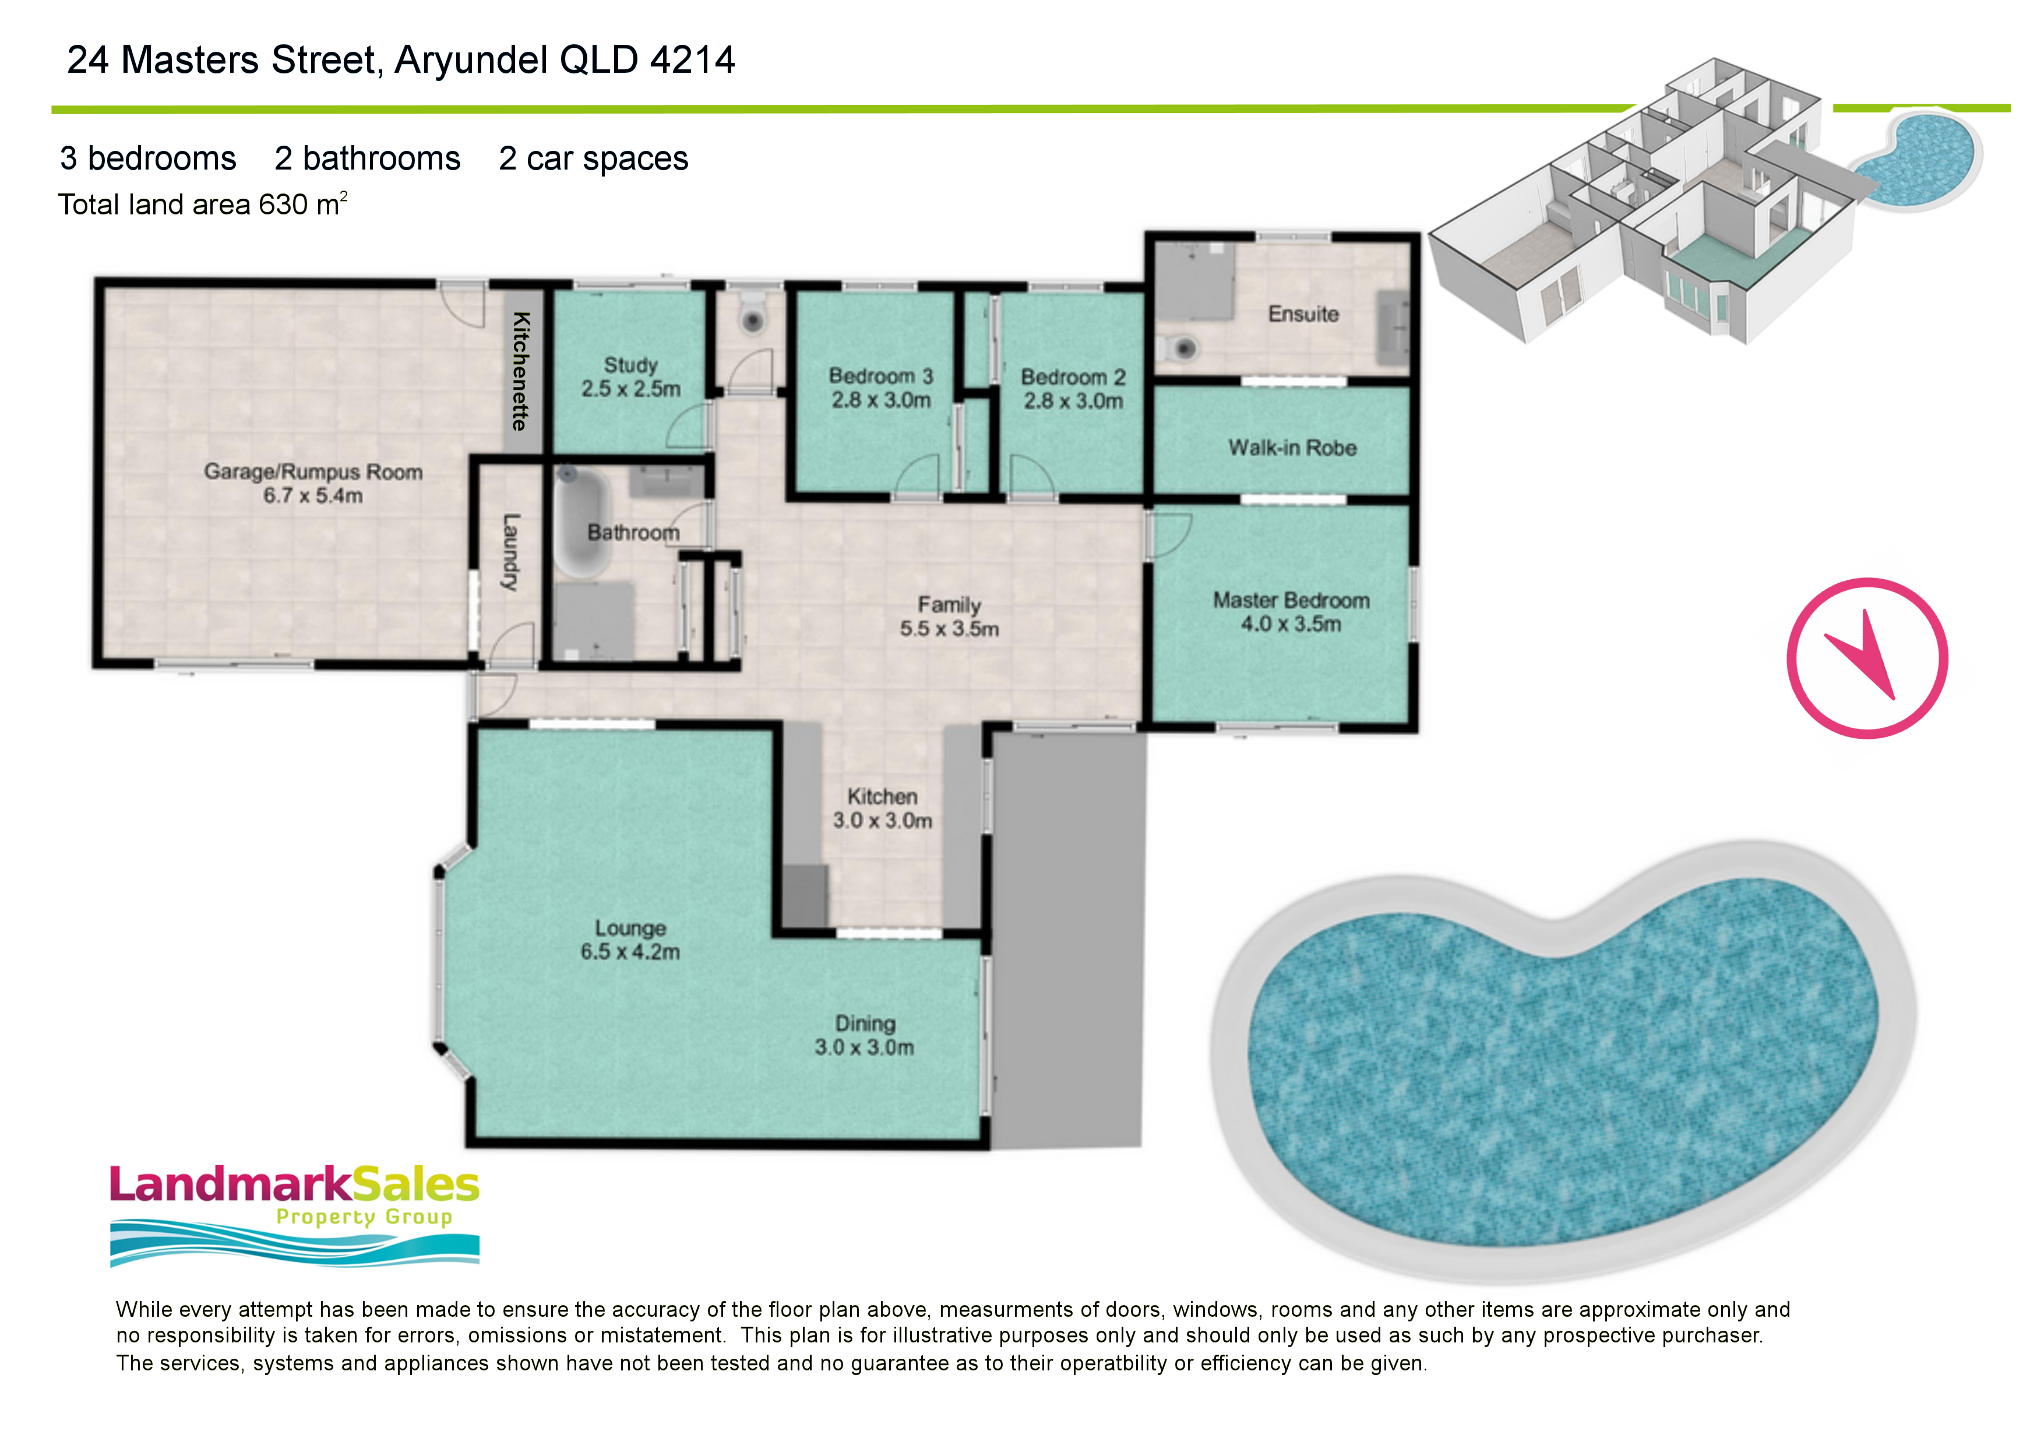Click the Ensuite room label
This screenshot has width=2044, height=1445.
click(1303, 313)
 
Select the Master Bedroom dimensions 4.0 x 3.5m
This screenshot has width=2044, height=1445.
click(1291, 624)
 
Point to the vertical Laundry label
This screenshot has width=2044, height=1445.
click(510, 552)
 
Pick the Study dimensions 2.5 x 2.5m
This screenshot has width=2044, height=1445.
click(630, 389)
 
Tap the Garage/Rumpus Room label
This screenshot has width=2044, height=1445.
click(313, 472)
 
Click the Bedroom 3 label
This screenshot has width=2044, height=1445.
click(880, 376)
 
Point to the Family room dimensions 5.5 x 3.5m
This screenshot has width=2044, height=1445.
click(949, 629)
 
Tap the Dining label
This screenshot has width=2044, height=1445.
click(865, 1024)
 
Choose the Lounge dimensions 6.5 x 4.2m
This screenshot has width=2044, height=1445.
click(630, 951)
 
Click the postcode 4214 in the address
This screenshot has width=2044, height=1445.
click(693, 61)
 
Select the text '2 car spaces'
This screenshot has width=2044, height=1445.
click(594, 158)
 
